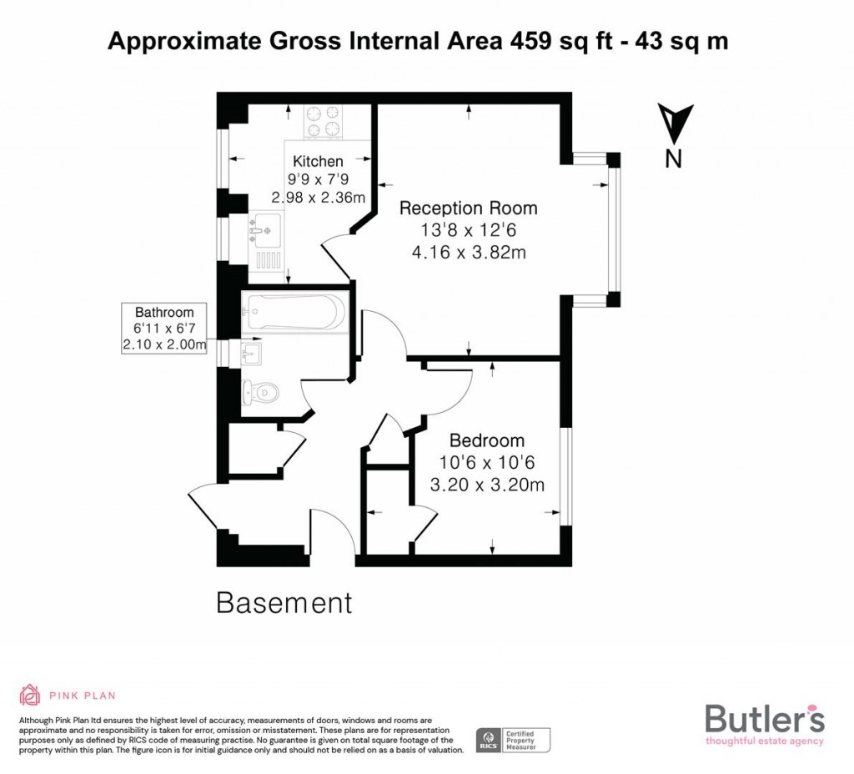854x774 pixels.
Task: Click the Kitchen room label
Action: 318,161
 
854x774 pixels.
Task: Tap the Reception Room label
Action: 468,209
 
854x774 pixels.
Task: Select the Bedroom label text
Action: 487,440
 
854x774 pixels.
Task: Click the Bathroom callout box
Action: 164,328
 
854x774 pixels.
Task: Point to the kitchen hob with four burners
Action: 323,121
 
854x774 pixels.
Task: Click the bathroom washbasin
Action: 250,353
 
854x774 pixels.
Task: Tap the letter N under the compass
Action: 674,158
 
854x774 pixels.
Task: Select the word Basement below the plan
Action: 284,602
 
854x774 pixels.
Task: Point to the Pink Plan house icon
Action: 30,694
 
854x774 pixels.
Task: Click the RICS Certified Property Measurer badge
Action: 514,739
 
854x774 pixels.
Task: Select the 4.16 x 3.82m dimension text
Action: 469,252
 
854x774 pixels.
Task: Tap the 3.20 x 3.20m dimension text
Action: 487,485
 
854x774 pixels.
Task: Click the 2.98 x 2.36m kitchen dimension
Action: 319,198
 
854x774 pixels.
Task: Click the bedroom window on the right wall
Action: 566,476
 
